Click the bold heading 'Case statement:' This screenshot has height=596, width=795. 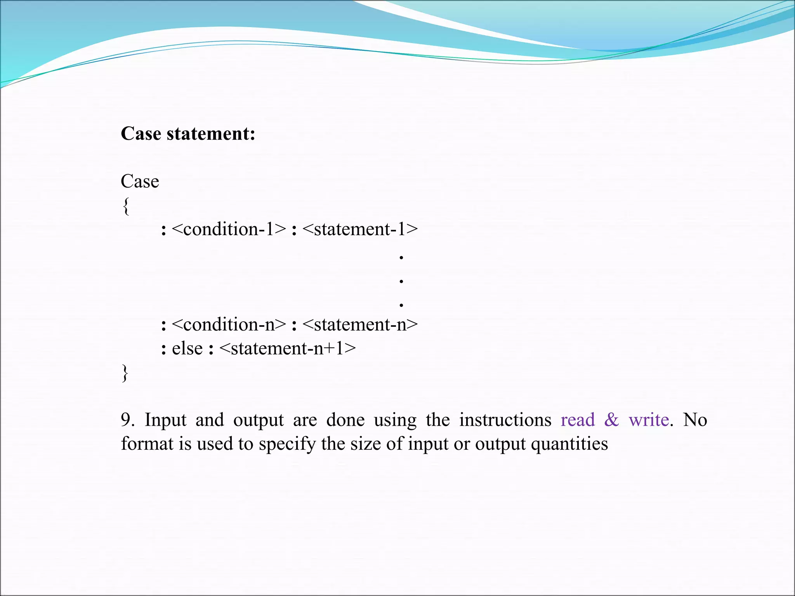[x=188, y=134]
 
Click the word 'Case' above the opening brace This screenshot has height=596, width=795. [x=140, y=181]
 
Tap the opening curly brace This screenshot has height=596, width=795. [x=125, y=206]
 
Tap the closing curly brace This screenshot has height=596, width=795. [x=125, y=373]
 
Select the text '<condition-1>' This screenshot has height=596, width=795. [x=229, y=229]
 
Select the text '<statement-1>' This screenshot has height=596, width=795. [x=360, y=229]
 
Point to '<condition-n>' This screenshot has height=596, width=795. [x=229, y=324]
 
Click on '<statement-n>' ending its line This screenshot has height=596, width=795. [x=360, y=324]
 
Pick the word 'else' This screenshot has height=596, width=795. [x=187, y=348]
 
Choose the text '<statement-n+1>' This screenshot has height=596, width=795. [x=287, y=348]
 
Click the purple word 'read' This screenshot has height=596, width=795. [x=578, y=420]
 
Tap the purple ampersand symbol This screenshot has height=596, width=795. [x=612, y=420]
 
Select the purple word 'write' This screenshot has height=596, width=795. [x=649, y=420]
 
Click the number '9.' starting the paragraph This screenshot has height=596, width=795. [x=128, y=420]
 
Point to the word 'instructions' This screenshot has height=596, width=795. [x=505, y=420]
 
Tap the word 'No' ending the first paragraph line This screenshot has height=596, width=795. [x=695, y=420]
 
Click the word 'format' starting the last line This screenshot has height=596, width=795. [x=147, y=444]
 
